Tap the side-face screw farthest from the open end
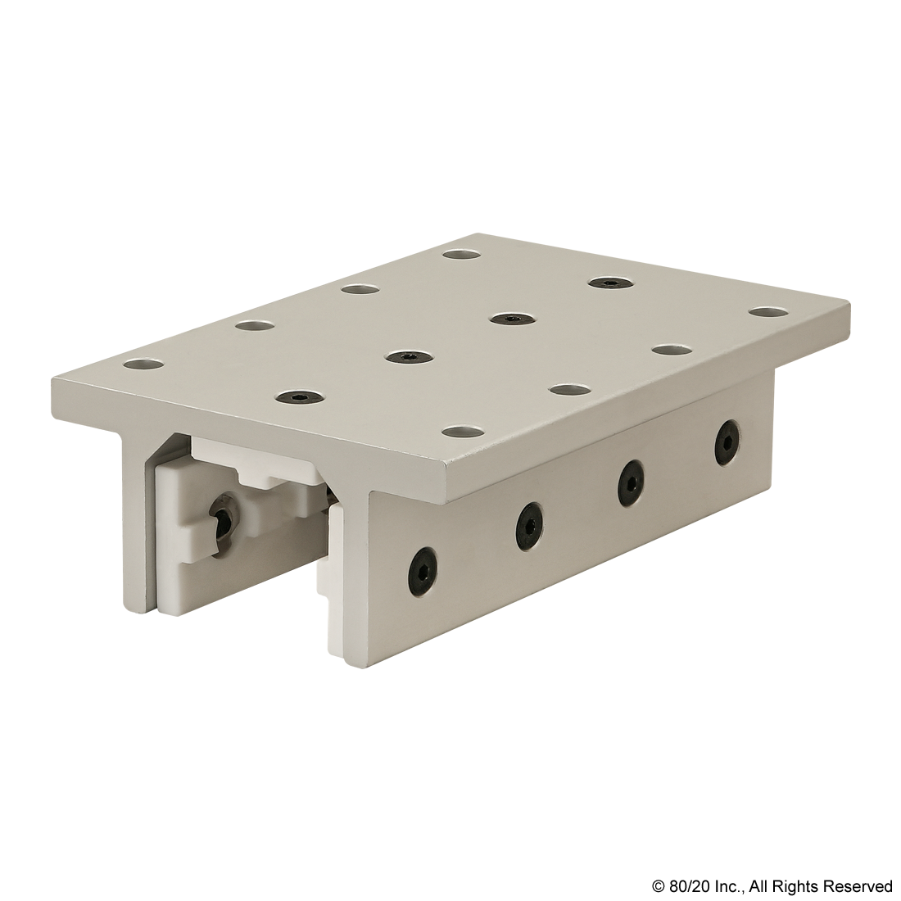pyautogui.click(x=727, y=440)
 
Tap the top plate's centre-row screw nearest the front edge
pyautogui.click(x=298, y=397)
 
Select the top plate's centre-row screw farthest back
pyautogui.click(x=610, y=282)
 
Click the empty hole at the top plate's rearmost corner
pyautogui.click(x=464, y=253)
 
